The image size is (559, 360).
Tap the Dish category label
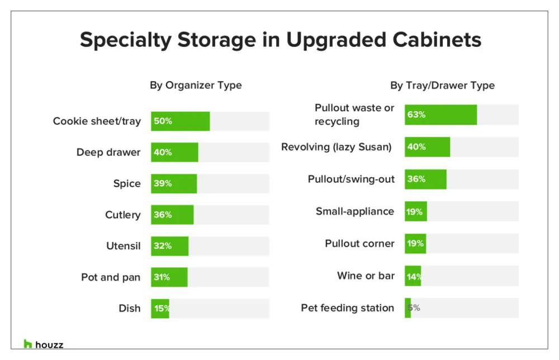tap(129, 309)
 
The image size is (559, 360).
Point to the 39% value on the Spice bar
tap(163, 184)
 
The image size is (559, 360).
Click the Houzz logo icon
tap(28, 344)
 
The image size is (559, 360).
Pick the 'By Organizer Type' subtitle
tap(196, 86)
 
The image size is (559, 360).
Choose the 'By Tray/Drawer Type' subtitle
tap(442, 86)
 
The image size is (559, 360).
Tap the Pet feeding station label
tap(347, 308)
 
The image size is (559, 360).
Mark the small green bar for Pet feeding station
tap(408, 308)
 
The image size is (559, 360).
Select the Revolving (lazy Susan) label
tap(336, 147)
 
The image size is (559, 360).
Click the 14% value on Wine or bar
tap(414, 276)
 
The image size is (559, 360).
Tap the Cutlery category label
tap(122, 215)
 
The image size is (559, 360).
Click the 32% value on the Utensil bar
tap(163, 246)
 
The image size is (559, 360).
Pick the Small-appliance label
tap(354, 211)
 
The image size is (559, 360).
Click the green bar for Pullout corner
tap(415, 244)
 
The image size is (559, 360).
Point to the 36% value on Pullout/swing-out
tap(416, 179)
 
